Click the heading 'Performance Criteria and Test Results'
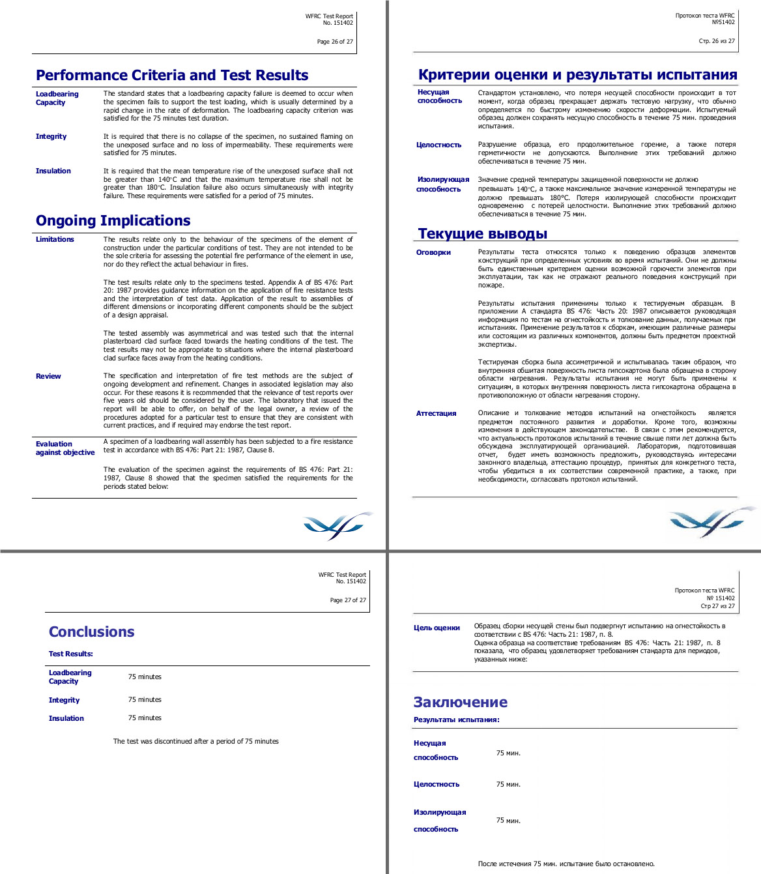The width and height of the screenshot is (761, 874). pos(172,76)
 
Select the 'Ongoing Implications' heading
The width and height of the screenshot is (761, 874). pos(113,221)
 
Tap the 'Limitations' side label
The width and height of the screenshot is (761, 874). pos(55,240)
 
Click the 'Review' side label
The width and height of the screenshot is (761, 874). pos(48,377)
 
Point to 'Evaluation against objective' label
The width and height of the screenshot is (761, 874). pos(65,448)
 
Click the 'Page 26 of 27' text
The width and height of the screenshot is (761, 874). pos(335,42)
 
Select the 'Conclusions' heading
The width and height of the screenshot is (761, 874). pos(91,632)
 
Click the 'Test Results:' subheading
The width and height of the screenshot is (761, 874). pos(70,654)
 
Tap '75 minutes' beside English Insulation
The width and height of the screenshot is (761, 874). pos(145,718)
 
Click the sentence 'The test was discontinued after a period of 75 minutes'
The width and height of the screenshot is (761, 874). pos(195,742)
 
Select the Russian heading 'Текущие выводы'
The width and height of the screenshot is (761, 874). pos(482,234)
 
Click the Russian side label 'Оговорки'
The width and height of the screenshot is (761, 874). pos(433,253)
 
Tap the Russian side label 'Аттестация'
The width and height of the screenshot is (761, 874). pos(436,414)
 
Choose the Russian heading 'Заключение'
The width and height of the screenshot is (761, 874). pos(460,703)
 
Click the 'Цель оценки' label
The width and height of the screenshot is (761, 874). pos(437,628)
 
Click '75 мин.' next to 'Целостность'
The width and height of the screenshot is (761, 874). pos(508,785)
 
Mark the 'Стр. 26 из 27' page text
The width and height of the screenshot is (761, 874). pos(717,41)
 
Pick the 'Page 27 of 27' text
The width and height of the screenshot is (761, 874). pos(348,600)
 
